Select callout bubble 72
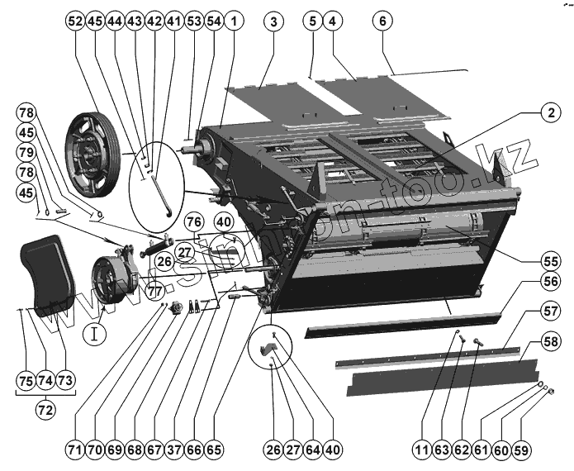pos(45,408)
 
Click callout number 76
pos(195,221)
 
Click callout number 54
pos(213,22)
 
